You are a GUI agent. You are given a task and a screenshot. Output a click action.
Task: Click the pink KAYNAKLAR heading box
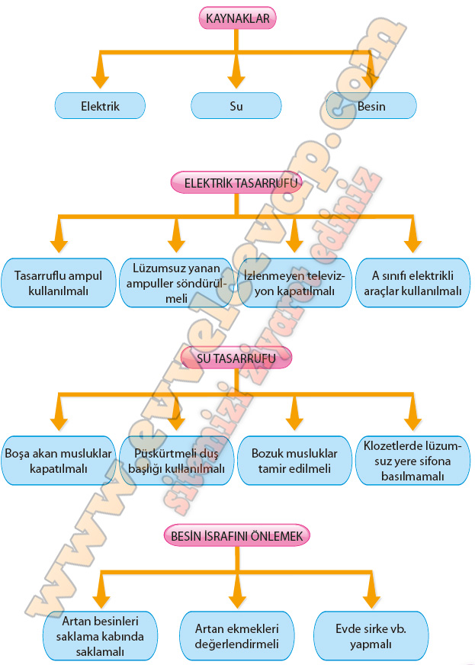(237, 18)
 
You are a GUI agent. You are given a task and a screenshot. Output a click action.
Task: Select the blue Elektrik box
(100, 106)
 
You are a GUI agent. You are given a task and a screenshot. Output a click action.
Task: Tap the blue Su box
(236, 106)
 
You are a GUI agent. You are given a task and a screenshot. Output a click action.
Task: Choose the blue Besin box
(371, 106)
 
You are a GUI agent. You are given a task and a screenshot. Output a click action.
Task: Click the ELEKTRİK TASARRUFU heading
(237, 183)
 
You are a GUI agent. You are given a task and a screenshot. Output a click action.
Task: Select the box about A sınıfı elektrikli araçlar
(412, 283)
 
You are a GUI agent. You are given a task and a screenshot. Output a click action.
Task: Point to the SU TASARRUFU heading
(237, 356)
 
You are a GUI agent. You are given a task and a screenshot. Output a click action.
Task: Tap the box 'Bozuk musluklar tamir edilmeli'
(294, 460)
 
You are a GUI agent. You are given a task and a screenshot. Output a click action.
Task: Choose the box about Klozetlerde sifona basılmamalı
(412, 460)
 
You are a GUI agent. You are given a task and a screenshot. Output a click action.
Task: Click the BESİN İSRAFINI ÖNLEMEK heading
(237, 536)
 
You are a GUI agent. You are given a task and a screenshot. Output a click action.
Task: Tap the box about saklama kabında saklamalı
(101, 635)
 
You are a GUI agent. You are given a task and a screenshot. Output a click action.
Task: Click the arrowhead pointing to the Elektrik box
(100, 75)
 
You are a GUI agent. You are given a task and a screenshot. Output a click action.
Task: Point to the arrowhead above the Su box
(236, 75)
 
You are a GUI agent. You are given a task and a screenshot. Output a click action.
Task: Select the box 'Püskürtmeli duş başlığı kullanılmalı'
(176, 460)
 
